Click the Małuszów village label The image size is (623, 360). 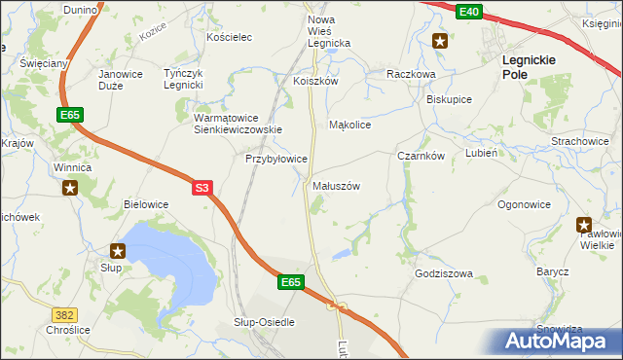click(337, 185)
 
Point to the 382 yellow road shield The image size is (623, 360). click(64, 314)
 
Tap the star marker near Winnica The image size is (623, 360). click(70, 188)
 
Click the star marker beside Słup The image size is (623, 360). click(118, 251)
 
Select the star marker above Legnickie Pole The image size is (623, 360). click(440, 41)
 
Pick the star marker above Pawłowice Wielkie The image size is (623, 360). click(584, 224)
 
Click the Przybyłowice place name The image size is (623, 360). click(276, 158)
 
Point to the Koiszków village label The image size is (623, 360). click(315, 82)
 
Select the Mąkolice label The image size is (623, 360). click(350, 125)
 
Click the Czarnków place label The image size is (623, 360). click(421, 156)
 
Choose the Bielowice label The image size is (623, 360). click(146, 204)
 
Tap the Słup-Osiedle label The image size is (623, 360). click(264, 321)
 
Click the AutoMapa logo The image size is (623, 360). click(559, 341)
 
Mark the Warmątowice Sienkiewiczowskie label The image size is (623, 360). click(238, 123)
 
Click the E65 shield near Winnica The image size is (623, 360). click(70, 115)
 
